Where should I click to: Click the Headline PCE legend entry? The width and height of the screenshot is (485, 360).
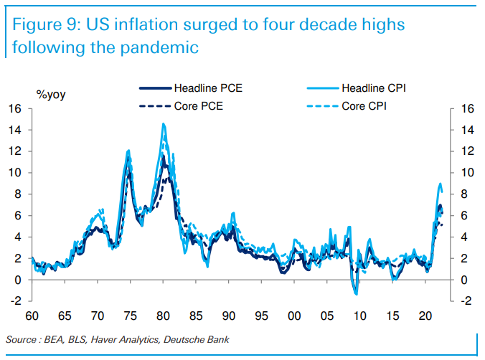coord(202,88)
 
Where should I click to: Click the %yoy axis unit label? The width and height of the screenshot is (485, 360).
coord(51,94)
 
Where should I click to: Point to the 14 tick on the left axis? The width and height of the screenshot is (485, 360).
coord(16,130)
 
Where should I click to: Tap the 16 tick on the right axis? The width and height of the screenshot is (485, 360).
coord(468,109)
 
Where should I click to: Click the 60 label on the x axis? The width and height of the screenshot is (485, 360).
coord(32,316)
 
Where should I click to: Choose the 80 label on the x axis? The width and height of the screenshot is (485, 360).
coord(163,316)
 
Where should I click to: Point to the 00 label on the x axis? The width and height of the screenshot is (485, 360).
coord(294,316)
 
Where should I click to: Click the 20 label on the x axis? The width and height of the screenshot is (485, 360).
coord(425,316)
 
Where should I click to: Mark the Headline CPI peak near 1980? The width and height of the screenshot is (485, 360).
coord(164,124)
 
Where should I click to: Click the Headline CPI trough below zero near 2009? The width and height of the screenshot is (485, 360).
coord(356,294)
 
